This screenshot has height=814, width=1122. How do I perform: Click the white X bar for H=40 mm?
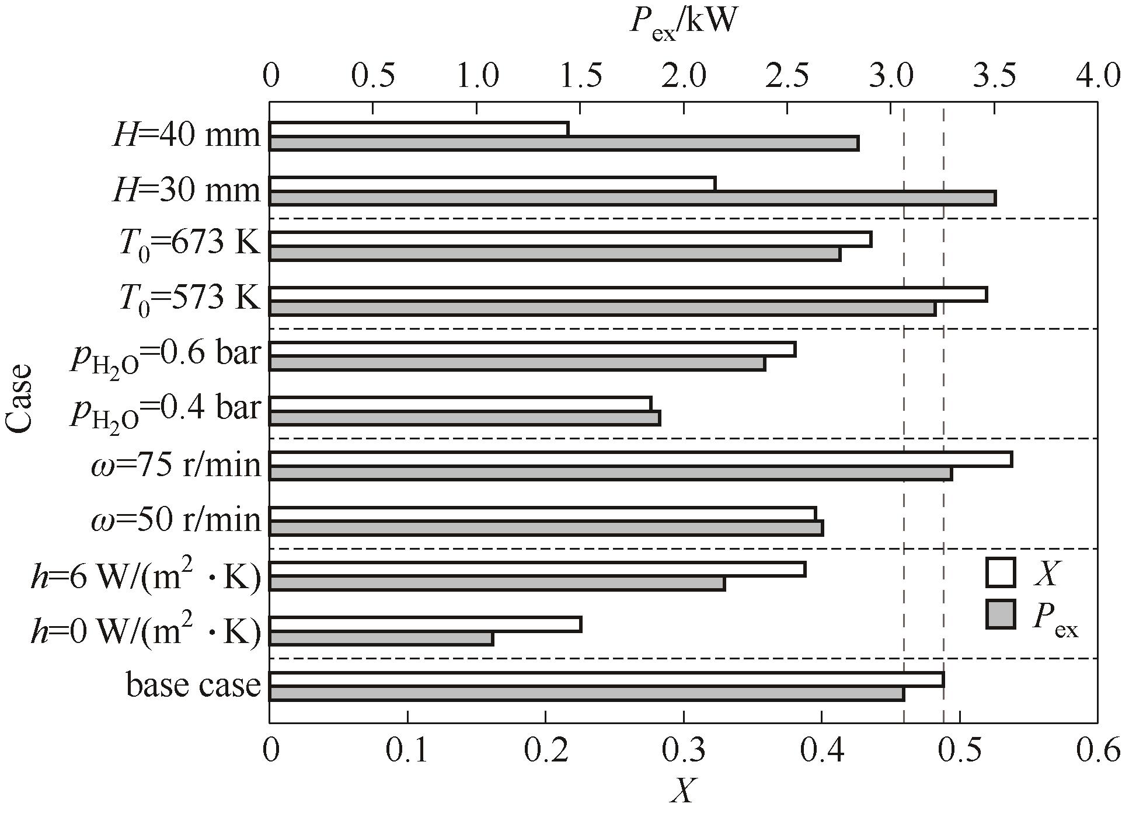(x=419, y=129)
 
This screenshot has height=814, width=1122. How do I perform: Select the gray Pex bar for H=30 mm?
(x=632, y=199)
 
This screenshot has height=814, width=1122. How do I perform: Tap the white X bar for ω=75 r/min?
(x=640, y=459)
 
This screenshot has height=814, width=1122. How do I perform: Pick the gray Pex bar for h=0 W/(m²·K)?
(x=381, y=639)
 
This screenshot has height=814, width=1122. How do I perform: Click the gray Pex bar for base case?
(x=587, y=694)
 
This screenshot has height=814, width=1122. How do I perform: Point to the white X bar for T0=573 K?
(x=628, y=294)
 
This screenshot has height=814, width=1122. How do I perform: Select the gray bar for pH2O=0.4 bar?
(x=465, y=418)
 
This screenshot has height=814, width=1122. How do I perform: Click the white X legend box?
(x=1001, y=572)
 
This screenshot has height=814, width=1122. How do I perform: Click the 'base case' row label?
(x=193, y=684)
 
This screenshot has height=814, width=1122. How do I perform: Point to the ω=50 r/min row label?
(x=176, y=519)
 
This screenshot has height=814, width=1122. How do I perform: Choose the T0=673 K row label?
(x=189, y=243)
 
